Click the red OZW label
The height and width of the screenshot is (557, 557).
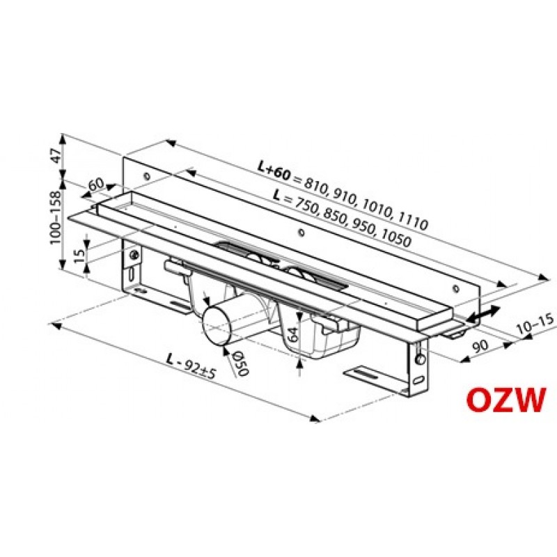(505, 400)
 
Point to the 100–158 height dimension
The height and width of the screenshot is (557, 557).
(56, 217)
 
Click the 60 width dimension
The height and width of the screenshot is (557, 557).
(96, 185)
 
